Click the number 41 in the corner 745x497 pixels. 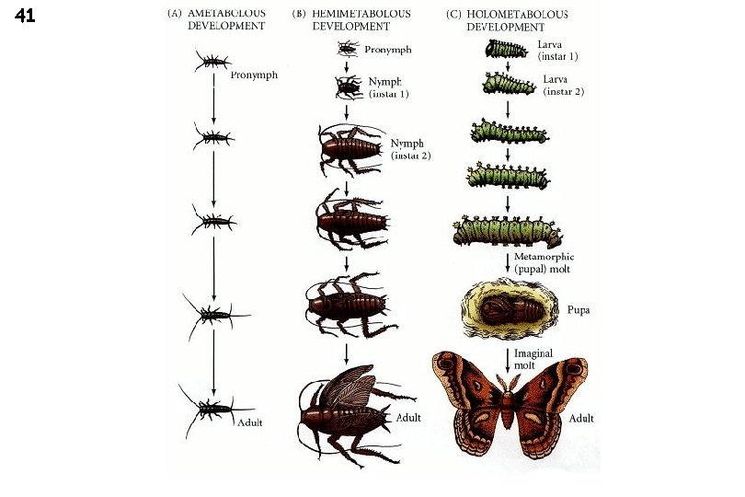[x=25, y=16]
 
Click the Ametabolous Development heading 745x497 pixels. [x=216, y=20]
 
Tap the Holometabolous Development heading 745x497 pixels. [x=506, y=20]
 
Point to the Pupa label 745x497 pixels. [x=579, y=311]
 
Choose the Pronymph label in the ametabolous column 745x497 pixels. [x=254, y=75]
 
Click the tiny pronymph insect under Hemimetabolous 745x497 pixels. [x=348, y=50]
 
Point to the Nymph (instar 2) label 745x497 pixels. [x=410, y=149]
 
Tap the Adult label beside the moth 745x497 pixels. [x=581, y=419]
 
